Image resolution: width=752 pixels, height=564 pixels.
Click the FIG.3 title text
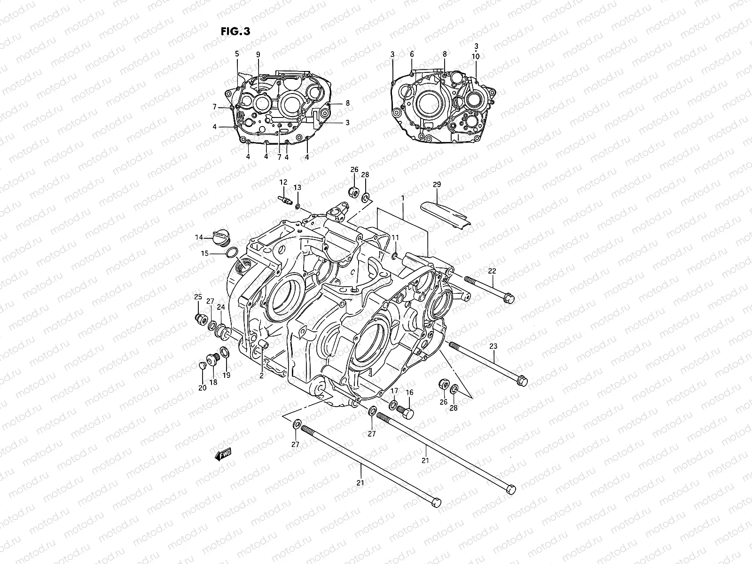pos(235,31)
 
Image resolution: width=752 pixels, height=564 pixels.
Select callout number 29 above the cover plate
pos(437,185)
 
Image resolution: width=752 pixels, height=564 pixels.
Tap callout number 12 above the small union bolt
pos(283,182)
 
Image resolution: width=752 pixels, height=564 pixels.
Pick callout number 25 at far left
pos(198,296)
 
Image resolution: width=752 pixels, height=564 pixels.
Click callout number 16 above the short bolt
pos(409,392)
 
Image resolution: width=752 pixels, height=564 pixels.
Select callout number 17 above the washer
pos(394,391)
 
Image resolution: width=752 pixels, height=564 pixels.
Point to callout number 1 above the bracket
pos(403,199)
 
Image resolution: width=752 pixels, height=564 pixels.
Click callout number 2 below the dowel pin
pos(261,376)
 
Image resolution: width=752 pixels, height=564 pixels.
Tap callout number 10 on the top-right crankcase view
pos(476,56)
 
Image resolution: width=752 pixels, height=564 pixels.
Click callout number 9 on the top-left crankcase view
pos(258,55)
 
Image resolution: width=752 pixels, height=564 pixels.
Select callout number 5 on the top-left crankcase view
pos(237,54)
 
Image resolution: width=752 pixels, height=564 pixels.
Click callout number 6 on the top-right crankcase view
pos(412,55)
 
